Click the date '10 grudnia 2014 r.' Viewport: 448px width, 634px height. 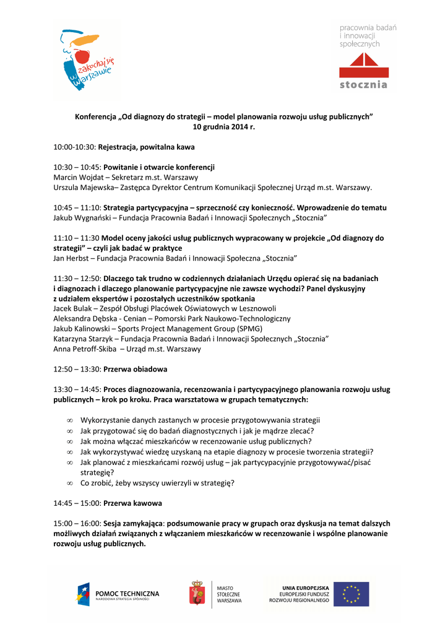coord(224,126)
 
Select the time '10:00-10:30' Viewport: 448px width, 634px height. coord(74,147)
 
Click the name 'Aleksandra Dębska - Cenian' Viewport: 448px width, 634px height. coord(99,318)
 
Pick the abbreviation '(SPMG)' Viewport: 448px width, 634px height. coord(246,329)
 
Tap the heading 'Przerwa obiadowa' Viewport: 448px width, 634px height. coord(135,369)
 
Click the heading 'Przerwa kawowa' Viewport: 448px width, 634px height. coord(132,503)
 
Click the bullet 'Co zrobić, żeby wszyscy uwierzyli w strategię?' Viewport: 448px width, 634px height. coord(157,483)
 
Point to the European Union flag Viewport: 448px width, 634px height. coord(351,594)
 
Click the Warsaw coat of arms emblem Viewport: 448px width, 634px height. coord(197,593)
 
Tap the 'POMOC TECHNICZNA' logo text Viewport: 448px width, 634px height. coord(127,593)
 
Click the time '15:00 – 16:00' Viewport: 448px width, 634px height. coord(77,524)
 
